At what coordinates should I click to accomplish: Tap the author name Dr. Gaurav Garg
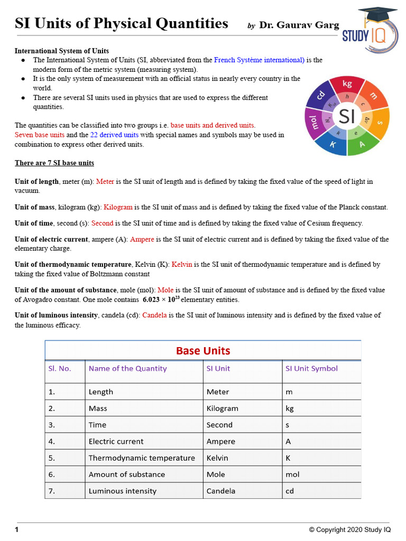click(299, 25)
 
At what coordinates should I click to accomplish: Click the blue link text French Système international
click(259, 60)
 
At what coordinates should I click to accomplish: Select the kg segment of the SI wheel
click(347, 85)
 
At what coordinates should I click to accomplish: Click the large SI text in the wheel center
click(347, 116)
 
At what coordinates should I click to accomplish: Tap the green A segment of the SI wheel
click(362, 145)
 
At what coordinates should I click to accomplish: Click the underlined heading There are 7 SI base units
click(54, 163)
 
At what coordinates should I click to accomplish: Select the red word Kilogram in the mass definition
click(118, 207)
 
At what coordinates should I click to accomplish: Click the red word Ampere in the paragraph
click(142, 239)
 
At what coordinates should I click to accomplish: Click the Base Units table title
click(203, 351)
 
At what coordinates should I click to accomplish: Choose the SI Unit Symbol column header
click(311, 369)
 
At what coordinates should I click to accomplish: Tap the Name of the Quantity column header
click(127, 369)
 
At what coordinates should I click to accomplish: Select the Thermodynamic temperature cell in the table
click(142, 458)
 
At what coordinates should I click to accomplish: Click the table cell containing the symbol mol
click(292, 474)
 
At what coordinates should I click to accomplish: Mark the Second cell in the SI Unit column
click(219, 425)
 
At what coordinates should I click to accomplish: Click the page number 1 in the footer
click(17, 529)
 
